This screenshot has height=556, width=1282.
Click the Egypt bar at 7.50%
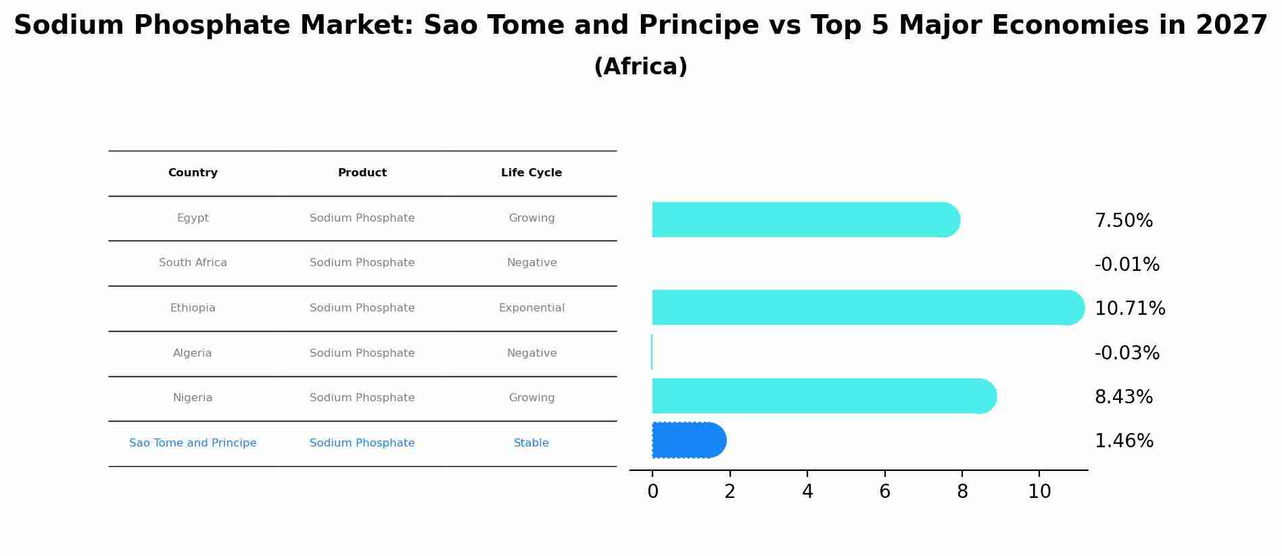coord(805,220)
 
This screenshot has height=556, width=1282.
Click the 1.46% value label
coord(1124,441)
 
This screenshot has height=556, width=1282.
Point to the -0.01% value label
coord(1126,265)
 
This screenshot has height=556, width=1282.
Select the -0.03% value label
coord(1126,353)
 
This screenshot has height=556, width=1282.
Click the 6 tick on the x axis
coord(884,492)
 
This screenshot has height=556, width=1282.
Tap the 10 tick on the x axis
coord(1039,492)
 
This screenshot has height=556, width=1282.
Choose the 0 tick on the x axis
coord(652,492)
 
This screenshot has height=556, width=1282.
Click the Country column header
coord(193,173)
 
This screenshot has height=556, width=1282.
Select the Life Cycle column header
coord(531,173)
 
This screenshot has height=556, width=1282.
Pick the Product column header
coord(362,173)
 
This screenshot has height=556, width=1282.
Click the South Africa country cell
coord(193,263)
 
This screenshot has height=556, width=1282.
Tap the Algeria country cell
coord(193,353)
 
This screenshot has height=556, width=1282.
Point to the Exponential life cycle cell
coord(531,308)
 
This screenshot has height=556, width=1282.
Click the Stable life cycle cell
coord(531,443)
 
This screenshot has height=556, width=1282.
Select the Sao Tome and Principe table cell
coord(193,443)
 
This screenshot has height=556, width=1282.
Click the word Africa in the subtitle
coord(640,67)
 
